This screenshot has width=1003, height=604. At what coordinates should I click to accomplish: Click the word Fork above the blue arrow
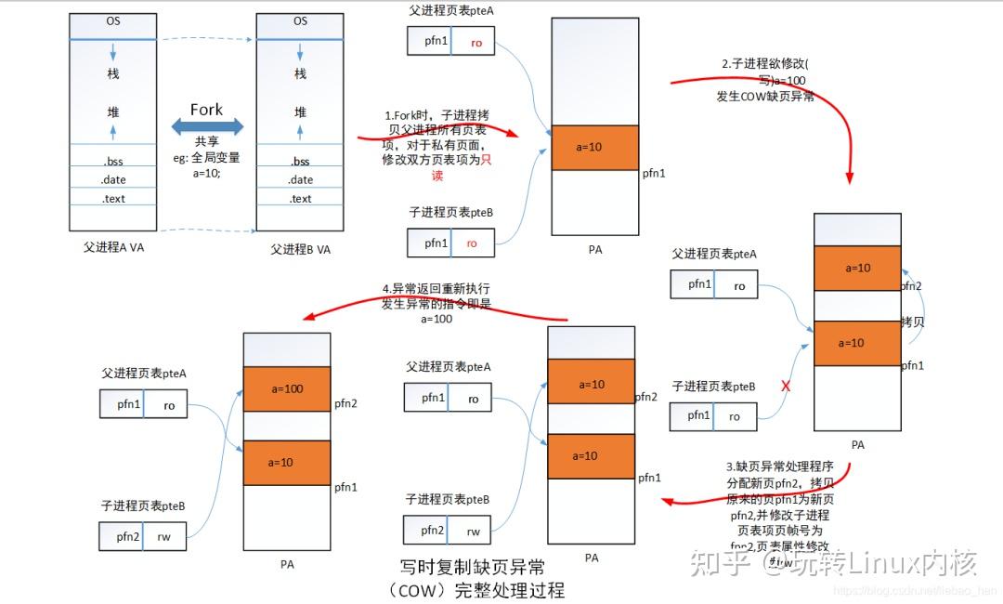tap(206, 110)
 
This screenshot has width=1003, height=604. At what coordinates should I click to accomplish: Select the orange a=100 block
tap(287, 388)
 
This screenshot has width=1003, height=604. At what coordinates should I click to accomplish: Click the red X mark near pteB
tap(787, 386)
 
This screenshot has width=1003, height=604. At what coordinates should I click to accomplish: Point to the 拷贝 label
tap(912, 322)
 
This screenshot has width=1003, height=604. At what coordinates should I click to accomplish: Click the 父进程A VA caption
tap(113, 248)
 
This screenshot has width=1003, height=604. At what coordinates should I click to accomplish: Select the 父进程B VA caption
tap(300, 249)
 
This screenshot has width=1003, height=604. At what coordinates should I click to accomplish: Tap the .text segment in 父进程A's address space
tap(113, 198)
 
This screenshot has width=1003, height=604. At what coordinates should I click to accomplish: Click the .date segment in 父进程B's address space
tap(300, 179)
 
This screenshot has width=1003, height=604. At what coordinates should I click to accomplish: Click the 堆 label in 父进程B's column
tap(300, 112)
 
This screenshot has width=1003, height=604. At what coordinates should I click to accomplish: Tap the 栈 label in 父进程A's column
tap(113, 74)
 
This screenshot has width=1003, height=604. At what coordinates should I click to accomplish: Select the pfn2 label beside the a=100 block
tap(345, 403)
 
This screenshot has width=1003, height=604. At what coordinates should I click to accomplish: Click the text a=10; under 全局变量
tap(206, 173)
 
